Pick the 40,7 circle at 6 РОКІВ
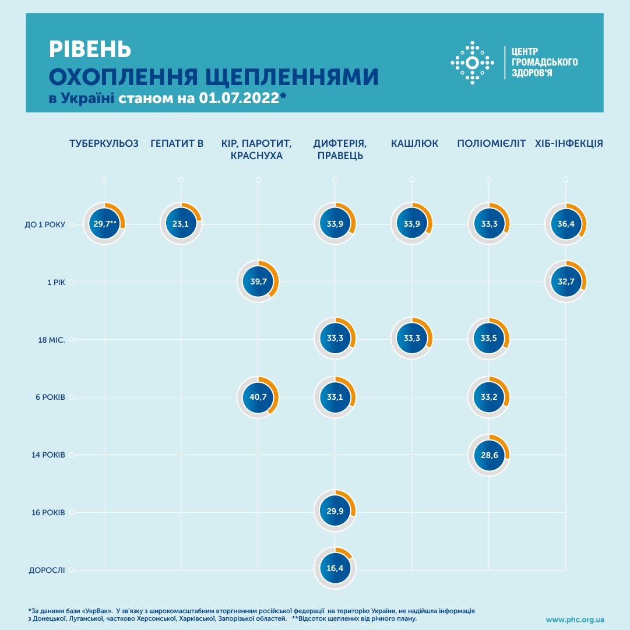pyautogui.click(x=258, y=397)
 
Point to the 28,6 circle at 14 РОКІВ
pyautogui.click(x=489, y=455)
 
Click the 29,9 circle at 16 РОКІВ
pyautogui.click(x=335, y=512)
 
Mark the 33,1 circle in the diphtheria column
pyautogui.click(x=335, y=397)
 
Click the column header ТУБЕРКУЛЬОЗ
pyautogui.click(x=104, y=143)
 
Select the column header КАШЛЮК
pyautogui.click(x=414, y=143)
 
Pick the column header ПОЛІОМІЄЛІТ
pyautogui.click(x=491, y=143)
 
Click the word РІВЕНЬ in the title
pyautogui.click(x=90, y=50)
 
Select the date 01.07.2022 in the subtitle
pyautogui.click(x=238, y=98)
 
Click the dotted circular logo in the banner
pyautogui.click(x=473, y=62)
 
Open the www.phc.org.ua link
pyautogui.click(x=575, y=620)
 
